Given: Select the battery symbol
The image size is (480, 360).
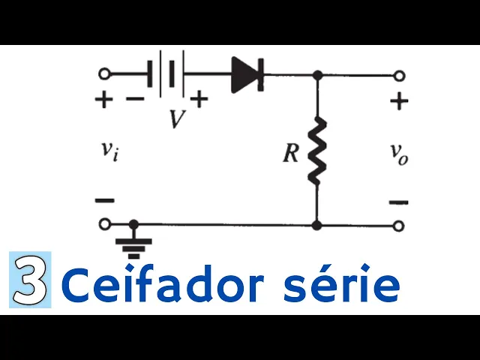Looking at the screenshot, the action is [x=166, y=74].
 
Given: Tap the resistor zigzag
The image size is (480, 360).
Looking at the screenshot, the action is [x=316, y=149].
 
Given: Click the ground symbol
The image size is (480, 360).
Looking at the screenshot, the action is [x=135, y=244].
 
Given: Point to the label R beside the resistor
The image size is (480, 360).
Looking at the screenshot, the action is [x=291, y=154].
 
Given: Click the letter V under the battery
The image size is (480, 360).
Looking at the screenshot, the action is [x=177, y=118].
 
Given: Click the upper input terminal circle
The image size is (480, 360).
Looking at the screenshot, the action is [x=104, y=74].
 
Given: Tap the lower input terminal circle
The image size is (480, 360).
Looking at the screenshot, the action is [x=104, y=224].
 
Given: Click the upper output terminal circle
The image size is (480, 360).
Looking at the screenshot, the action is [x=400, y=75].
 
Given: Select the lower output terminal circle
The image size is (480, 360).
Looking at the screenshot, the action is [x=400, y=225].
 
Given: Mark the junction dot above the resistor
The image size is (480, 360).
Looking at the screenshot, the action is [x=317, y=75].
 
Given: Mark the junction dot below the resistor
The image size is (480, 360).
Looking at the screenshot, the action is [x=317, y=224].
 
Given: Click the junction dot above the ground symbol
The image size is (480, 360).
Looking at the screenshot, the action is [x=134, y=224].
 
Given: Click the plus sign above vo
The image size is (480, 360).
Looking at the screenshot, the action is [x=400, y=101].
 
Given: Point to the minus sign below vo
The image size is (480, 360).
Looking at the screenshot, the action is [x=400, y=201].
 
